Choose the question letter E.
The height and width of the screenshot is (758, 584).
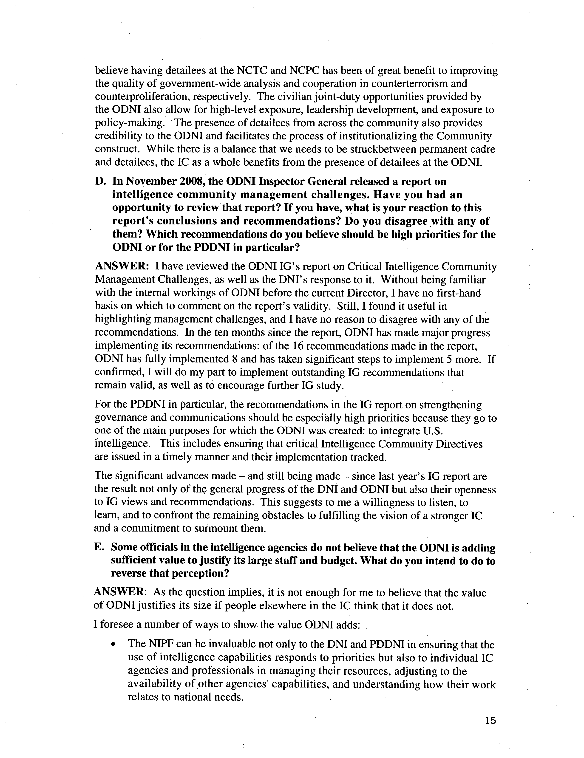coord(98,547)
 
